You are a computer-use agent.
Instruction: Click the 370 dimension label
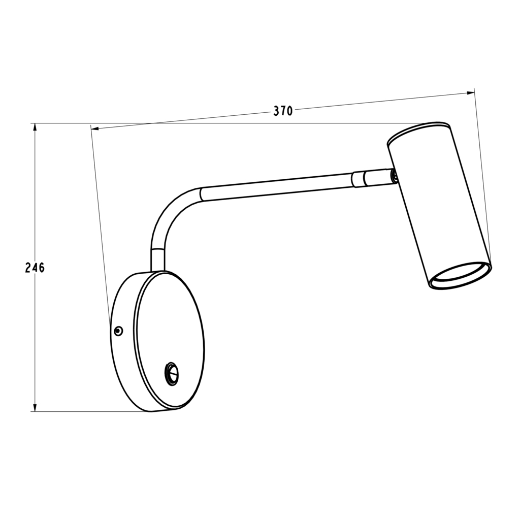[283, 111]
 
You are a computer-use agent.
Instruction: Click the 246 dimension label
[35, 267]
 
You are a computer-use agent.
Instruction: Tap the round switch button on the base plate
[172, 374]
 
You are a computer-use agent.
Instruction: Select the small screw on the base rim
[118, 330]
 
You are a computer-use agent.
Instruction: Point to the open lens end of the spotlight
[460, 276]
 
